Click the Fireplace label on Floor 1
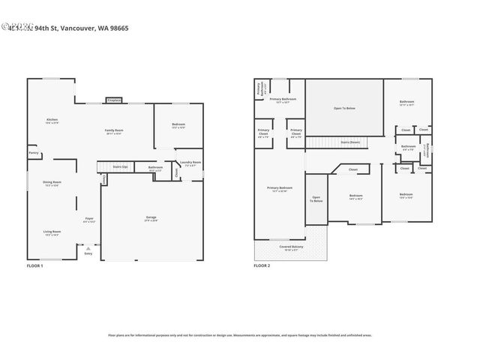click(114, 100)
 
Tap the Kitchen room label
click(52, 120)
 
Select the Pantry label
click(34, 153)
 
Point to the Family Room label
click(114, 131)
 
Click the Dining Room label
click(52, 184)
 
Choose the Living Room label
click(52, 232)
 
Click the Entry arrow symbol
click(88, 247)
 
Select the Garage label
click(151, 218)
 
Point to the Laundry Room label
click(190, 163)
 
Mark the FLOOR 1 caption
click(35, 265)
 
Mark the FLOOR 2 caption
click(262, 265)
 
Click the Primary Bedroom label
click(279, 188)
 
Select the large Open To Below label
click(344, 108)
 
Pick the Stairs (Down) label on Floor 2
click(349, 142)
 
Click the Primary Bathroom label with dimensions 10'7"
click(283, 100)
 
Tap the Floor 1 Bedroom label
click(178, 125)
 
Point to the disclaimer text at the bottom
click(240, 335)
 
